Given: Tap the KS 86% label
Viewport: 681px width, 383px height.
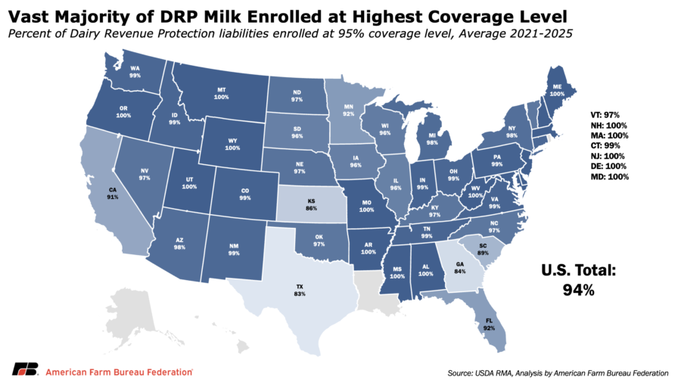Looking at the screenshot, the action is coord(312,204).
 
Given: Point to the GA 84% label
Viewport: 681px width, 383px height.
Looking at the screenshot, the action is coord(460,267).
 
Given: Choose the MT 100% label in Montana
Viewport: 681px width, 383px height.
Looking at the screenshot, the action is coord(221,93).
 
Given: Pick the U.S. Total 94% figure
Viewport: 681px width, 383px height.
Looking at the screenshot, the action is coord(579,279).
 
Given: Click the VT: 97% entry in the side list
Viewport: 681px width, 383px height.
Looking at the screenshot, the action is coord(605,115).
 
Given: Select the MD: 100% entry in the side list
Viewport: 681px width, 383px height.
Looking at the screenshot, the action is coord(609,176).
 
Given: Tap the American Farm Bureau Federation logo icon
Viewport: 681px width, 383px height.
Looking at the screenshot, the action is coord(25,369).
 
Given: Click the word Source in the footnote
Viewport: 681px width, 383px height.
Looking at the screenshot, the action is coord(460,373).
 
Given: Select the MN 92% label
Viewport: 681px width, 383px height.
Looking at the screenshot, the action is coord(348,111).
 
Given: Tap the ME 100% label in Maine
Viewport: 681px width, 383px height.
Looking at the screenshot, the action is coord(557,90).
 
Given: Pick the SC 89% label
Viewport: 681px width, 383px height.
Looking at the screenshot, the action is coord(483,249).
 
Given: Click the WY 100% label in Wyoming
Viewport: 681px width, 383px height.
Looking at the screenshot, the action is coord(232,144).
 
